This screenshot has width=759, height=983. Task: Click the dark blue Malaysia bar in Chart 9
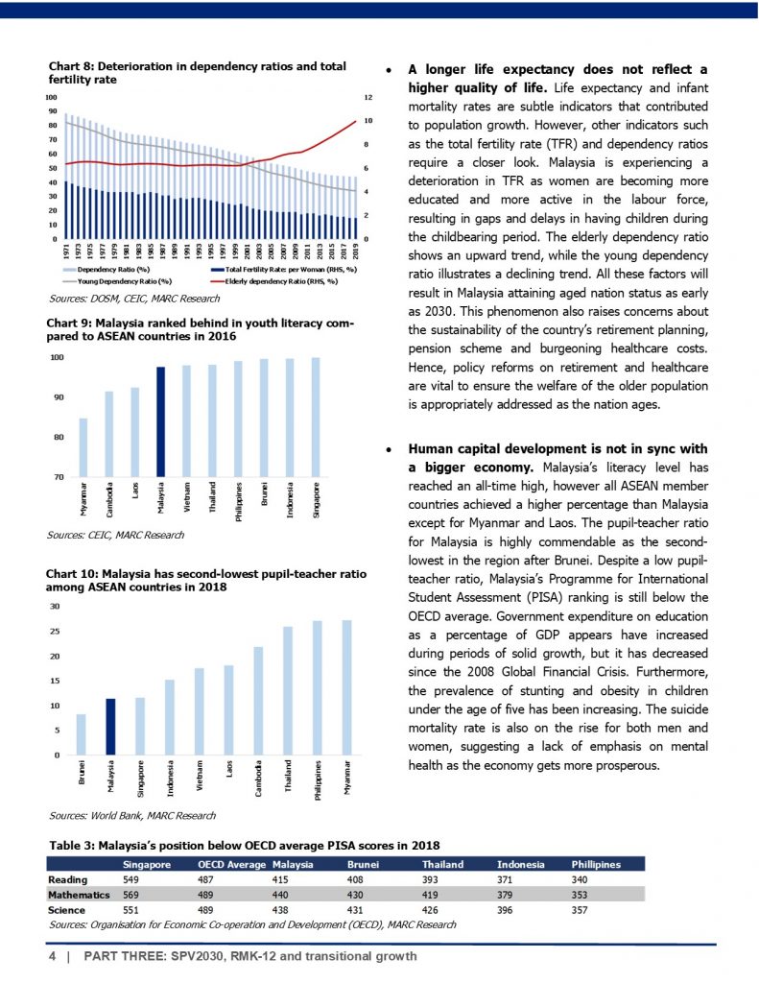[x=161, y=421]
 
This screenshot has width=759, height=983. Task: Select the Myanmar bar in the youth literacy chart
[x=83, y=447]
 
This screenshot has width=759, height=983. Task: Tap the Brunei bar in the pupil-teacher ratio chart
[x=82, y=734]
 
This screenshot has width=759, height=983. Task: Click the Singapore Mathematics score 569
[x=133, y=894]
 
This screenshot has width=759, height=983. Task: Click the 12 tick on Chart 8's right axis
[x=367, y=98]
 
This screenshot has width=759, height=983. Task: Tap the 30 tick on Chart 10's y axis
[x=55, y=607]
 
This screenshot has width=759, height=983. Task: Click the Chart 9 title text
[x=202, y=330]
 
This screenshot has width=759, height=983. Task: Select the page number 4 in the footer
[x=53, y=957]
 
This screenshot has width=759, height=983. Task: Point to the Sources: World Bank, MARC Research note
[x=131, y=815]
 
